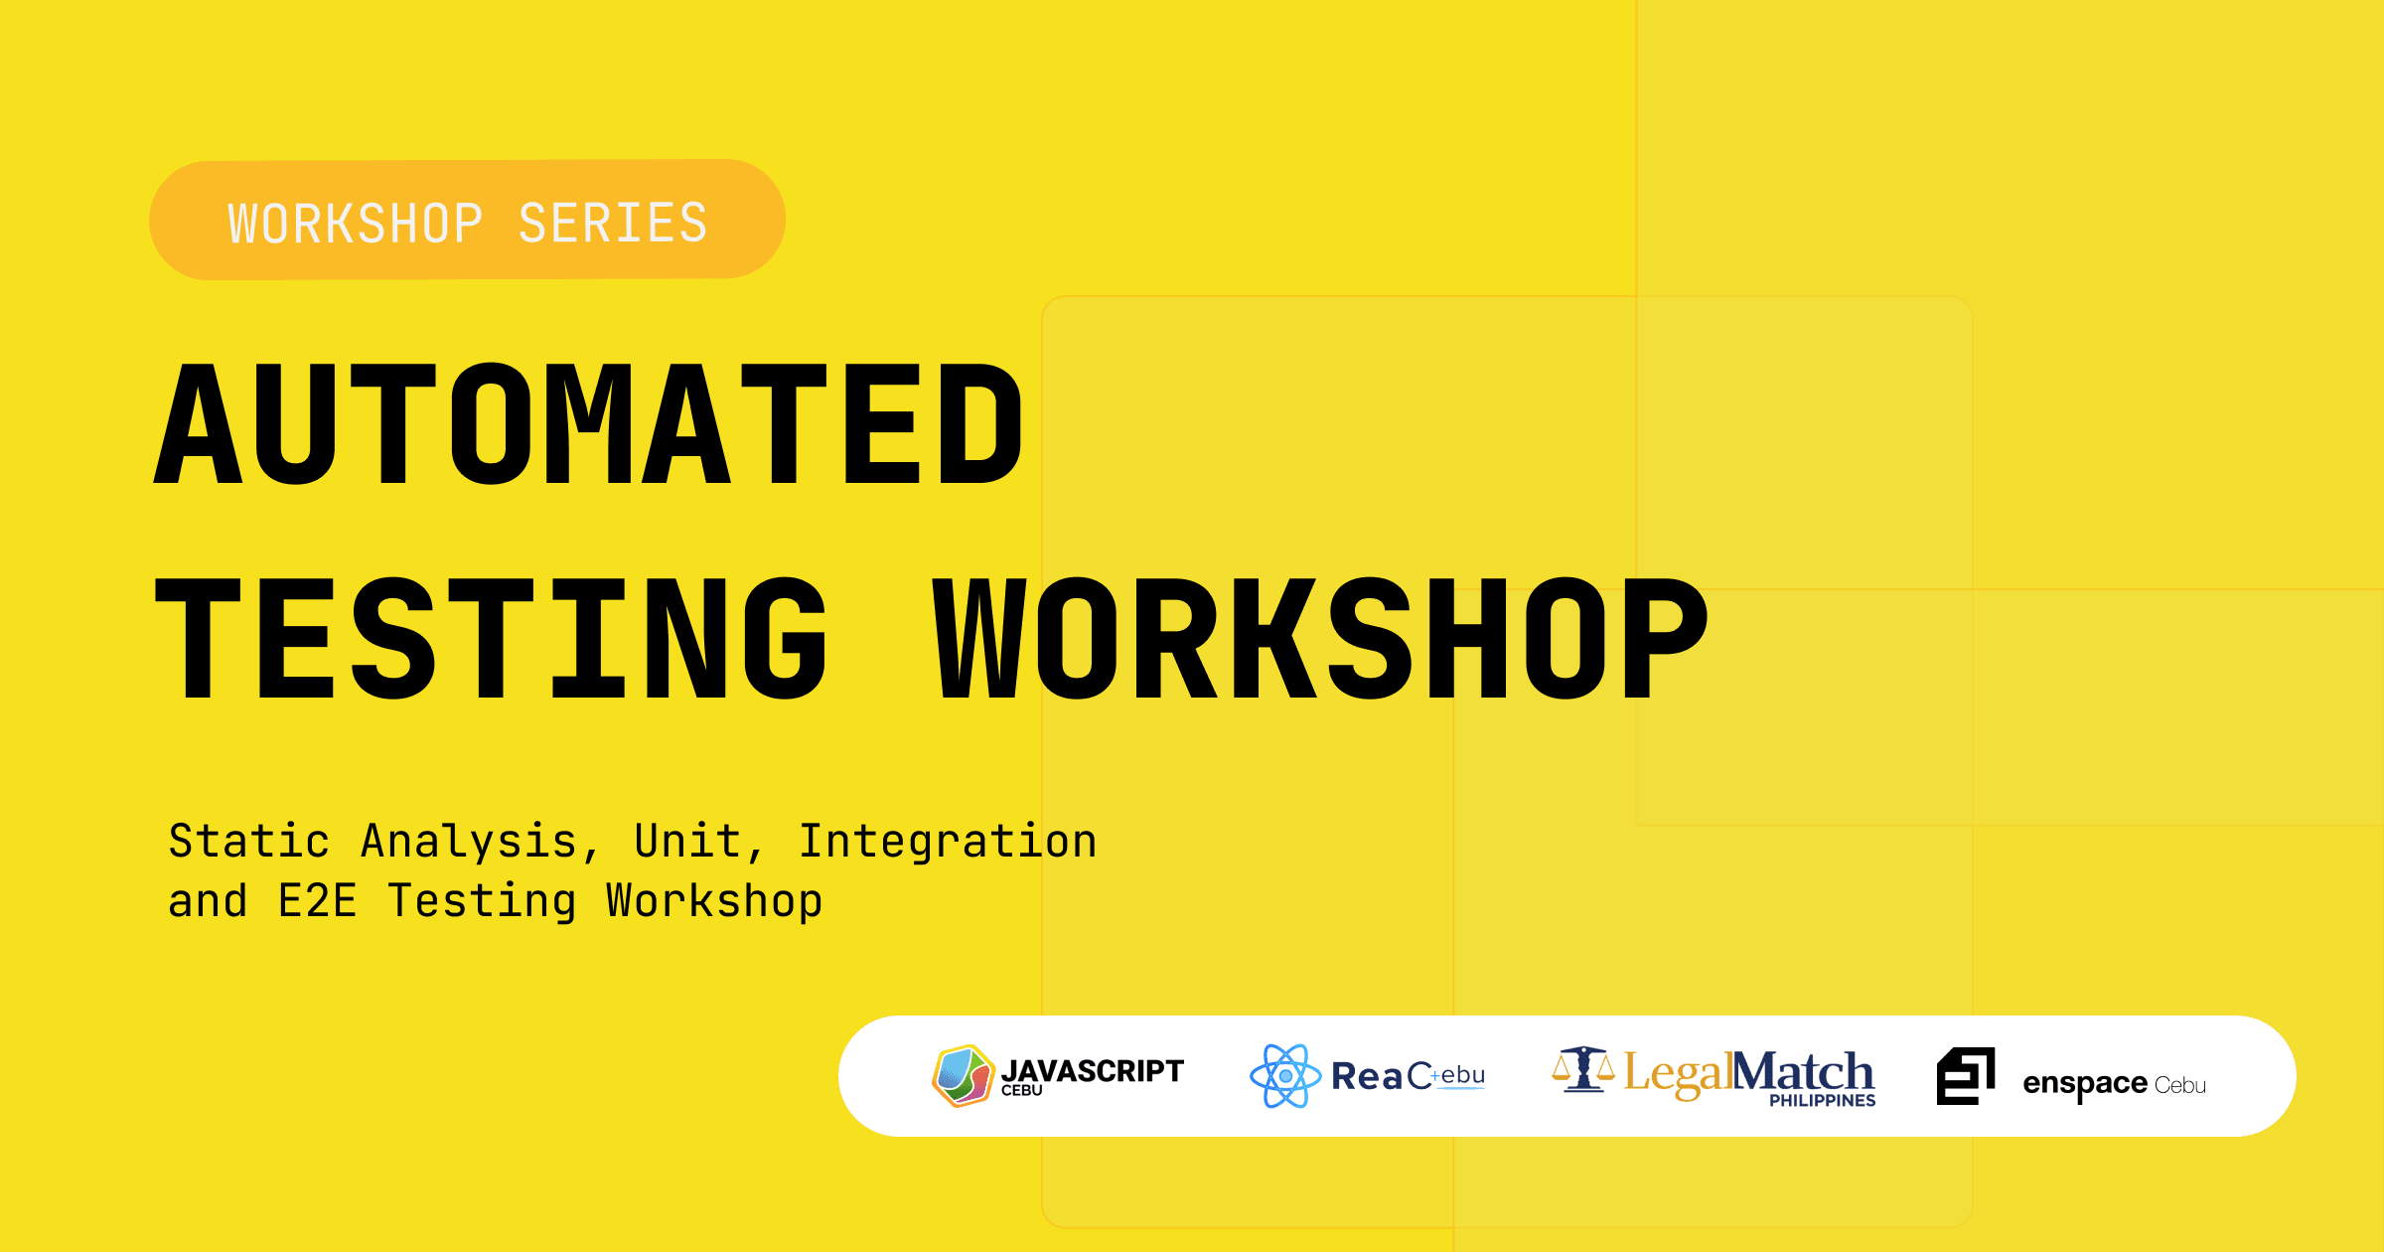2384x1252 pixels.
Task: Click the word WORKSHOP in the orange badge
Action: pyautogui.click(x=356, y=224)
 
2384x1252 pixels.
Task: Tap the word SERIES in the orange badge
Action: pyautogui.click(x=613, y=224)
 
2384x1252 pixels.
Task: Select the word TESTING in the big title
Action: pyautogui.click(x=491, y=638)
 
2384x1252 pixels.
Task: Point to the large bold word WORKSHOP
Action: pyautogui.click(x=1320, y=638)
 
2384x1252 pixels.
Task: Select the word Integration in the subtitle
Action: pyautogui.click(x=948, y=843)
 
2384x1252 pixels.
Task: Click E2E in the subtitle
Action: pyautogui.click(x=317, y=901)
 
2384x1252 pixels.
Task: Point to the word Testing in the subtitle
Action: pyautogui.click(x=482, y=902)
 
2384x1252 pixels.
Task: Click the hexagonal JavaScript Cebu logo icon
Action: pyautogui.click(x=963, y=1076)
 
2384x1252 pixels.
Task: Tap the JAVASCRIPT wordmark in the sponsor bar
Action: pyautogui.click(x=1092, y=1071)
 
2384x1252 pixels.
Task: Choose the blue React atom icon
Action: pyautogui.click(x=1285, y=1076)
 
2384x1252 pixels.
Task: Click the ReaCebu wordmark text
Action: pyautogui.click(x=1408, y=1076)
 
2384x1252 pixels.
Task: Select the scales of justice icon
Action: pyautogui.click(x=1583, y=1069)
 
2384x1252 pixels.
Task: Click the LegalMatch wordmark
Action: pyautogui.click(x=1748, y=1074)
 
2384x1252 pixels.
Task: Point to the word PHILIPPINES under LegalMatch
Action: pyautogui.click(x=1822, y=1101)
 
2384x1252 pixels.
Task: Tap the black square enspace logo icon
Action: pyautogui.click(x=1966, y=1076)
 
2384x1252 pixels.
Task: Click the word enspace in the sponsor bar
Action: pyautogui.click(x=2085, y=1084)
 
